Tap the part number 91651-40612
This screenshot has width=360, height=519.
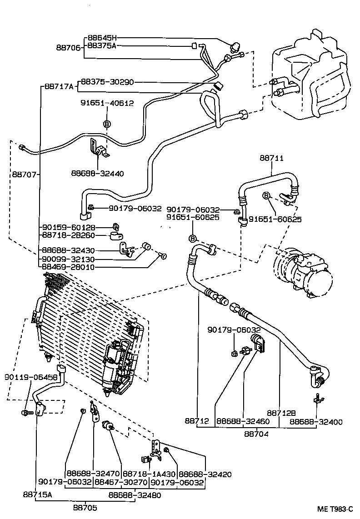107,103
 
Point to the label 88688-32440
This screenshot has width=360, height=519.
97,173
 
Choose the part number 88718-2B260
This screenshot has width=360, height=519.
68,235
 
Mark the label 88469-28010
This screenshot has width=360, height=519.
68,267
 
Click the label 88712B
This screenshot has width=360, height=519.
281,413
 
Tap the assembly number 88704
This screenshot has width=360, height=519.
257,434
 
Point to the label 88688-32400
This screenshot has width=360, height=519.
316,422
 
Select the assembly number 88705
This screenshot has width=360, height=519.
85,507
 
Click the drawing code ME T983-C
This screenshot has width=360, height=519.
335,509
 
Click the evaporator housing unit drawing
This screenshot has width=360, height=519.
314,77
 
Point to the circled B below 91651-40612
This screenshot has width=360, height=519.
107,124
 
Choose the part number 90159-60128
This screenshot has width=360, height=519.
68,227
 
